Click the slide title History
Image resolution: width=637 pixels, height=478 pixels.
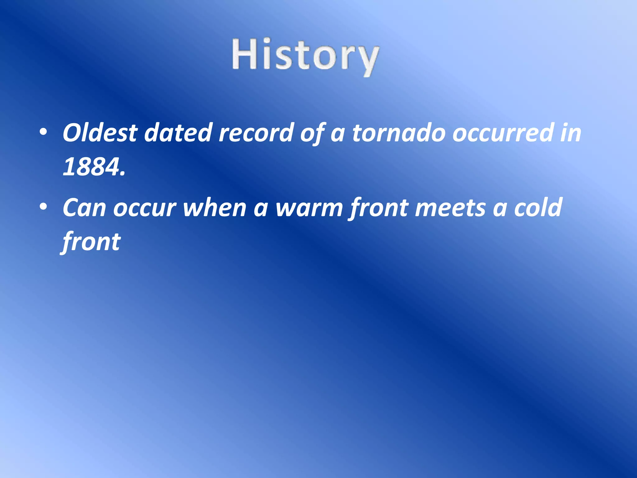point(305,56)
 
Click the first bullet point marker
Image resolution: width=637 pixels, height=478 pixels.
point(43,132)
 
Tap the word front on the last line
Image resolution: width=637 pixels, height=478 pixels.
point(91,242)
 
